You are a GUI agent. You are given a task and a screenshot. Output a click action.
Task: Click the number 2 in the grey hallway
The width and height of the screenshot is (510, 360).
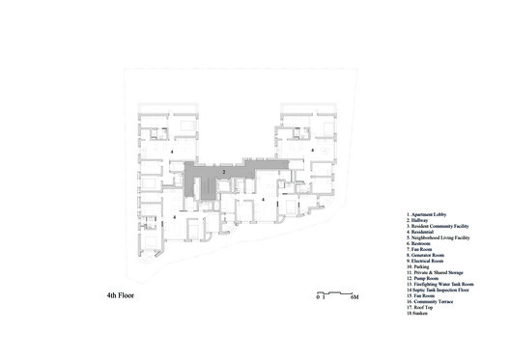point(224,172)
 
